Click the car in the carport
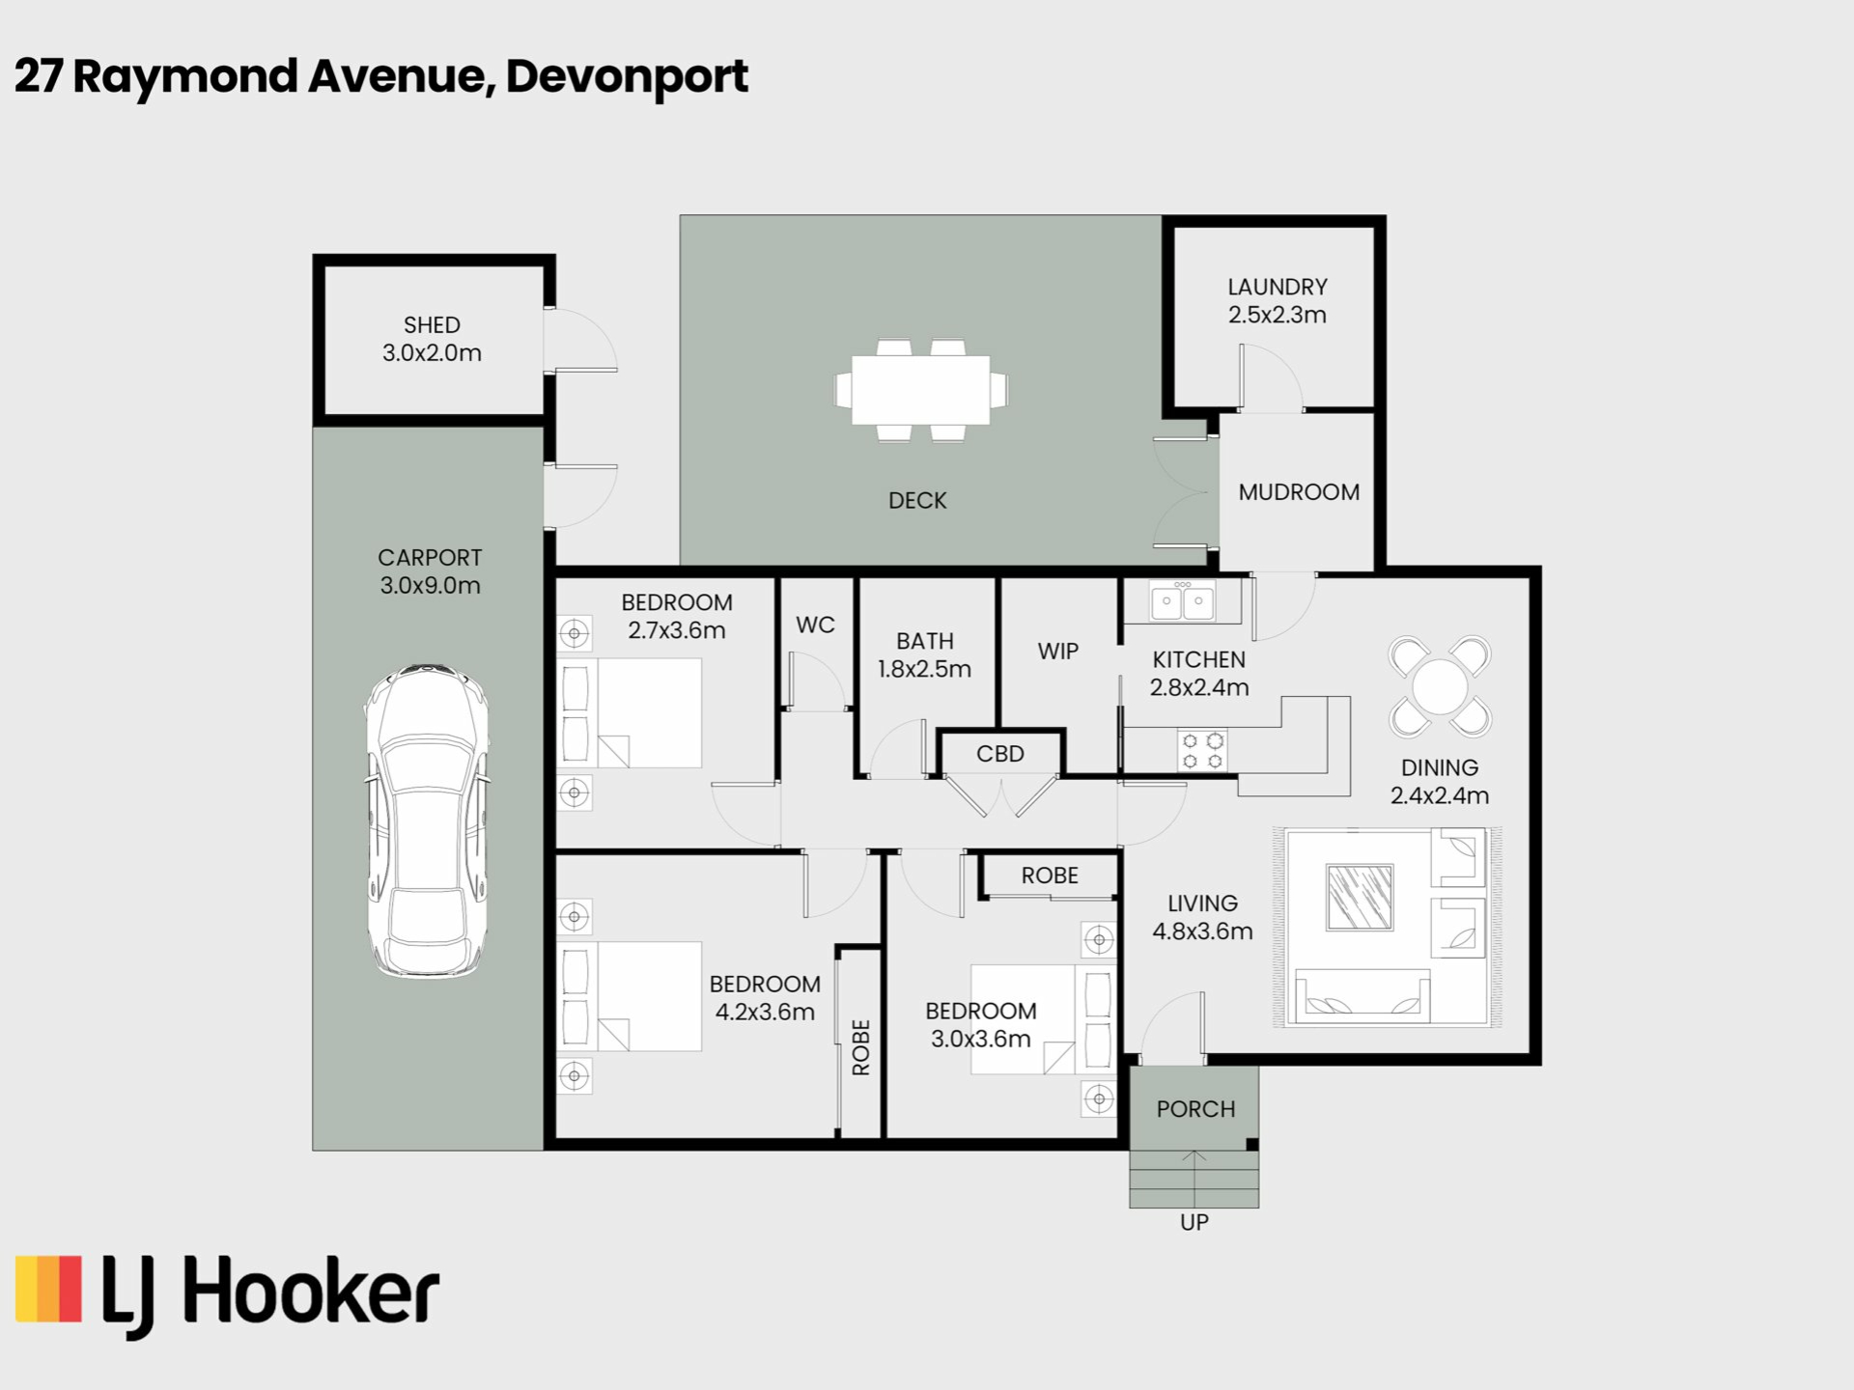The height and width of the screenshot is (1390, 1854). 426,820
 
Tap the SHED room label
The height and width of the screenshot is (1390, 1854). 432,325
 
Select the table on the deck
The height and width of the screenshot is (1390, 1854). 920,390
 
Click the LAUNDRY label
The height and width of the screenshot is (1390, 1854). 1278,287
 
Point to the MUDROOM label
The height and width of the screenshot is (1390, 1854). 1299,492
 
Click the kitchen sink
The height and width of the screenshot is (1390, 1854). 1182,601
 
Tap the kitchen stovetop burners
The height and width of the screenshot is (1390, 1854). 1202,750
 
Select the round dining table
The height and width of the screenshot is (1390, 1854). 1440,686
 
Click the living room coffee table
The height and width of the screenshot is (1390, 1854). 1360,897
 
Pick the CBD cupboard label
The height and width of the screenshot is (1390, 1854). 999,754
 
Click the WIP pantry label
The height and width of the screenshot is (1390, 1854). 1058,652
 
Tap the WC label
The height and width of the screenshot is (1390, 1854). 815,625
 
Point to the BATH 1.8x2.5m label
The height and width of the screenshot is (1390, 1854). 924,654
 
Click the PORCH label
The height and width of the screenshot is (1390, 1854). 1195,1109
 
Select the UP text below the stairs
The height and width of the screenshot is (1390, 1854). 1194,1222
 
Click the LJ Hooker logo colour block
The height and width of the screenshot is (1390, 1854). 48,1288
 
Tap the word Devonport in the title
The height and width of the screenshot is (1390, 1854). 627,77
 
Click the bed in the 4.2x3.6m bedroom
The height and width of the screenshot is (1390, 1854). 630,996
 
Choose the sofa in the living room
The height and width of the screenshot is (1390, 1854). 1362,995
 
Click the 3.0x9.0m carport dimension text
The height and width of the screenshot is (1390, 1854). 430,585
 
